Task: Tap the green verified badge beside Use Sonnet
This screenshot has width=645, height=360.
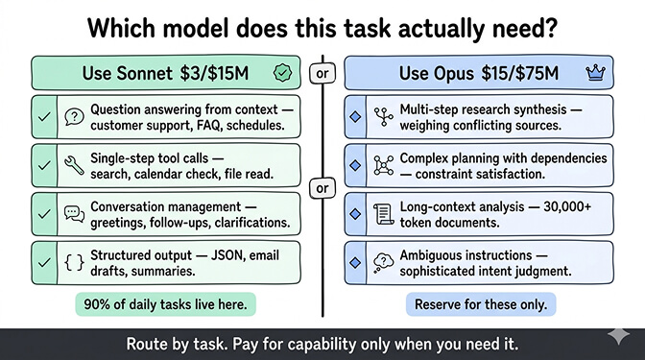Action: pos(282,72)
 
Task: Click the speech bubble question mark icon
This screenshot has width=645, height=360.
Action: pos(73,117)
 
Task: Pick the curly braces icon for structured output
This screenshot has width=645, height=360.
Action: pos(73,260)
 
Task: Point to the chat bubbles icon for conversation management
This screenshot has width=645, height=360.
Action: pos(73,212)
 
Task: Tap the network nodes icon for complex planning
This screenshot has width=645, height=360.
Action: pos(383,165)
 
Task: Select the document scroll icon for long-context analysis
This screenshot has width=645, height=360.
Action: pos(383,212)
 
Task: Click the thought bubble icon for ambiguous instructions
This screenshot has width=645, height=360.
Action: pos(383,260)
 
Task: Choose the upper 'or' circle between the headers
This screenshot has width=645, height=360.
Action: pos(322,72)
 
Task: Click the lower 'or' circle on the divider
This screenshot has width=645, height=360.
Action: pos(322,188)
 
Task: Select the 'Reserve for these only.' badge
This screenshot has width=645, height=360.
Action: pos(480,305)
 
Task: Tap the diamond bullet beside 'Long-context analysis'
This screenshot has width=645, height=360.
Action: pos(357,212)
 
